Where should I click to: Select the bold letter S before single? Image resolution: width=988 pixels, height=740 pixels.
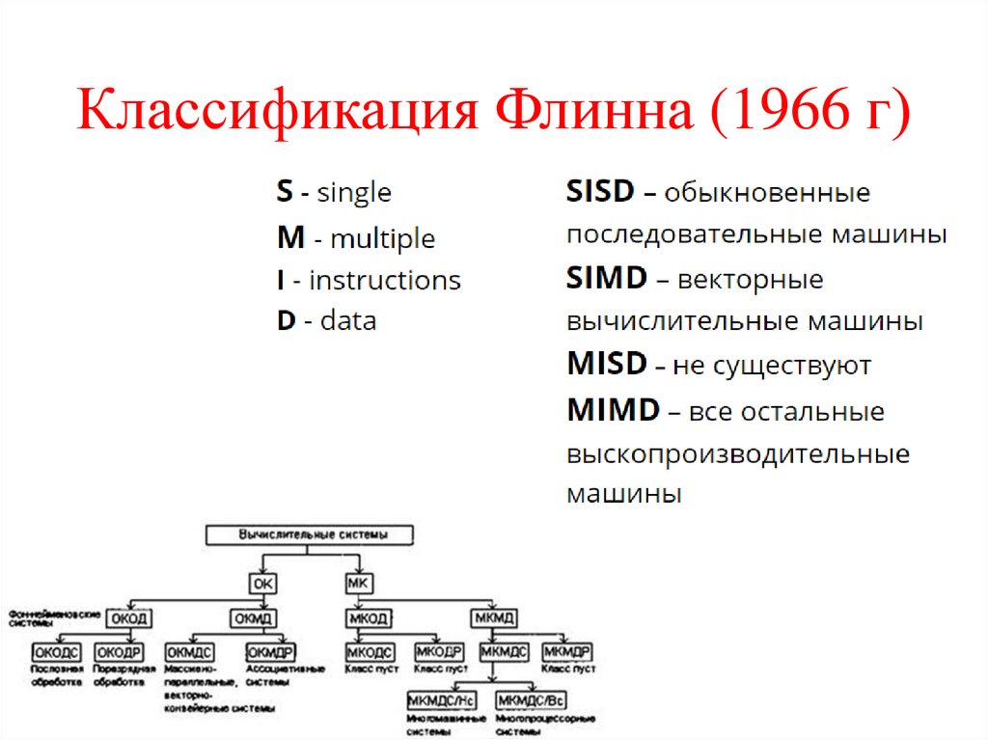pos(284,192)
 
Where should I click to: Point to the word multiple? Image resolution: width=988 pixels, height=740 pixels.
pos(382,237)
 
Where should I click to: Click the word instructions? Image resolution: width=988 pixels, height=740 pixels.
pos(385,281)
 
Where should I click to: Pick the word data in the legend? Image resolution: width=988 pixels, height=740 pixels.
pos(348,320)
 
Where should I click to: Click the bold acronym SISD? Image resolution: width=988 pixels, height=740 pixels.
pos(599,192)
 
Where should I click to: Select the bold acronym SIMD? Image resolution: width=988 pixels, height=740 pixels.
pos(606,279)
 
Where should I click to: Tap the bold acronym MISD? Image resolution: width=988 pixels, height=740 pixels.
pos(606,365)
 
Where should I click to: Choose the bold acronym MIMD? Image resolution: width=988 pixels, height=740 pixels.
pos(612,410)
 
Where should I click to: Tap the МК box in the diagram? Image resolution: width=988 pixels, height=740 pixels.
pos(356,583)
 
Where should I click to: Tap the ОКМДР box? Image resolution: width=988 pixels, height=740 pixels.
pos(269,653)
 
